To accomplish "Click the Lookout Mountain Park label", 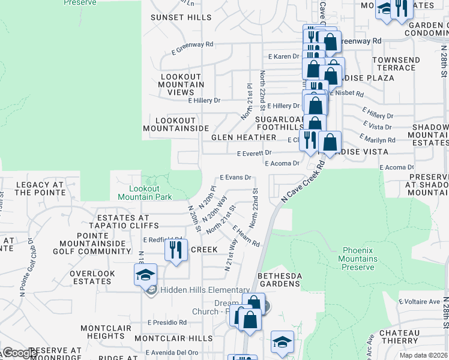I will tap(145, 192).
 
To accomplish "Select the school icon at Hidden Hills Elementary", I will tap(145, 275).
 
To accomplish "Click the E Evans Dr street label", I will tap(235, 178).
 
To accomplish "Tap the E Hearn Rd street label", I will tap(246, 236).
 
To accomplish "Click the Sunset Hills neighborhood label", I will tap(177, 17).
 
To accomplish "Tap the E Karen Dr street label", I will tap(283, 56).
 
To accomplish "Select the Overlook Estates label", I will tap(92, 277).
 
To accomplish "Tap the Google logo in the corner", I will tap(19, 352).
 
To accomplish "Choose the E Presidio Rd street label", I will tap(167, 322).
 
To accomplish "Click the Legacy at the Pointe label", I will tap(40, 188).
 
